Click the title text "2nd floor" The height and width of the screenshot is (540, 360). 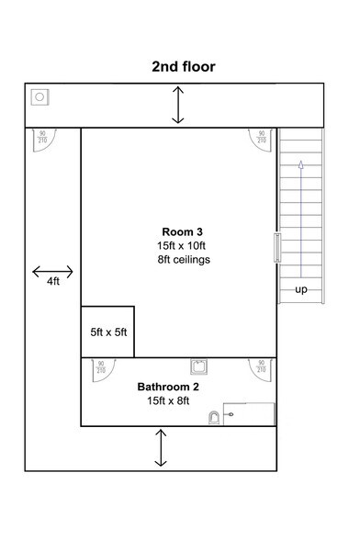[x=184, y=67]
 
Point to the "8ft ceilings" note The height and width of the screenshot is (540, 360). [x=184, y=260]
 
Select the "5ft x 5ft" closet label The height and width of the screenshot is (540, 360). [x=108, y=332]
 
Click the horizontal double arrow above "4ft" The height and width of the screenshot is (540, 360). [x=53, y=271]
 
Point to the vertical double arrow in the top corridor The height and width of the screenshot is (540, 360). [x=178, y=106]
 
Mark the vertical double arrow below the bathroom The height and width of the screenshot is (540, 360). [x=162, y=448]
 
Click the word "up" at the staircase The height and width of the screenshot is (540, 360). [x=300, y=290]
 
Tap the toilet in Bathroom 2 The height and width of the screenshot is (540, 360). [x=214, y=417]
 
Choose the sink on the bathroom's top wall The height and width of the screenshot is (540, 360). [x=197, y=366]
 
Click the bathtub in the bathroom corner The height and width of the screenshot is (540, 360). [x=249, y=414]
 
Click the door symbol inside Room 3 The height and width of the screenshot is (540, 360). [x=258, y=139]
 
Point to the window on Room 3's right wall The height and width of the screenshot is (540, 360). [x=276, y=249]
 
